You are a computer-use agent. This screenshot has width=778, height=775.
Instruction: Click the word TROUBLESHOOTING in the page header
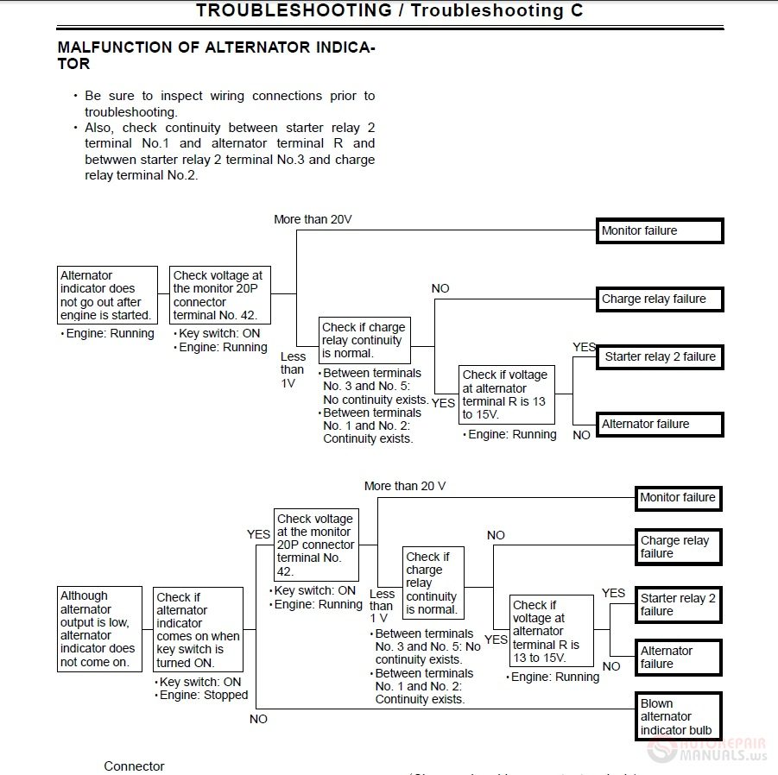point(294,11)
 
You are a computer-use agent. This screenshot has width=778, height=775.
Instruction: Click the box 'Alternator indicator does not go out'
point(108,295)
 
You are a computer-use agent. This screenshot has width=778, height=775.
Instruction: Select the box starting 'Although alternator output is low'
point(99,629)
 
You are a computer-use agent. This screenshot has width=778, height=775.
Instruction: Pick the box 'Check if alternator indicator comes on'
point(199,630)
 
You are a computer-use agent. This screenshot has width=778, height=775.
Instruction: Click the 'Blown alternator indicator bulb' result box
point(678,717)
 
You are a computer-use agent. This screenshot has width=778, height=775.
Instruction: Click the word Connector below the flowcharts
point(134,766)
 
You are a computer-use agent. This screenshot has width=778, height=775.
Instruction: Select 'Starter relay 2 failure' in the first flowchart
point(659,356)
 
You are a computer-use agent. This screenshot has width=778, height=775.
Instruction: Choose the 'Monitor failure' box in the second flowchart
point(678,498)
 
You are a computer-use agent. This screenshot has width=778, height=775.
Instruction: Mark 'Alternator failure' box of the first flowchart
point(659,424)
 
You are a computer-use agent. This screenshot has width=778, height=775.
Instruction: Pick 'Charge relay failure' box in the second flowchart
point(678,547)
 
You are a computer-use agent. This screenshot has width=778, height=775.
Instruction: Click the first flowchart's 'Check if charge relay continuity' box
point(364,340)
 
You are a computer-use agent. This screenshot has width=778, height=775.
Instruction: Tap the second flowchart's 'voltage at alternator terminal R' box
point(551,631)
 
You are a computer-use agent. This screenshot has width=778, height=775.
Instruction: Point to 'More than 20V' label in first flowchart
point(313,219)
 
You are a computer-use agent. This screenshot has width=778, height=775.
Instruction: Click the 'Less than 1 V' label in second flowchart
point(381,606)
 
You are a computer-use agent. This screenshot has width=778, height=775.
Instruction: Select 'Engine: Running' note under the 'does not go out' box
point(110,334)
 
